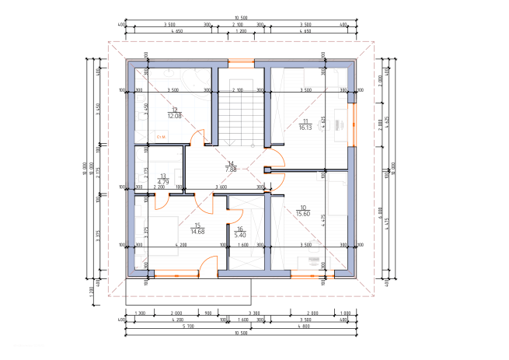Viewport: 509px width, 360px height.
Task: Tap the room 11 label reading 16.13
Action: [305, 128]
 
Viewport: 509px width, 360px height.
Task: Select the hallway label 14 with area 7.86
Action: [230, 169]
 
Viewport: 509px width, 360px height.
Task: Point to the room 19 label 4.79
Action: [163, 182]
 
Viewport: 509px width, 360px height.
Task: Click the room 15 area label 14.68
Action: [197, 231]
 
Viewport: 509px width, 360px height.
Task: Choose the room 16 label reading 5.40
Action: [240, 235]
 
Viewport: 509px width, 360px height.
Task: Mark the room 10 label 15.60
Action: [302, 214]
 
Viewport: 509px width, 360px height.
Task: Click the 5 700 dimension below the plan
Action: [189, 326]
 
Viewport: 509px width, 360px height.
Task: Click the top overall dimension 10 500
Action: [241, 18]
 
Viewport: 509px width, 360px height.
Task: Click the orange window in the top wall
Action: [240, 62]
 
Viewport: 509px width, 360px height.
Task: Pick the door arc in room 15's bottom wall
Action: [208, 266]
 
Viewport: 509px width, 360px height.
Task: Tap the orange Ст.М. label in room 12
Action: [162, 137]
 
